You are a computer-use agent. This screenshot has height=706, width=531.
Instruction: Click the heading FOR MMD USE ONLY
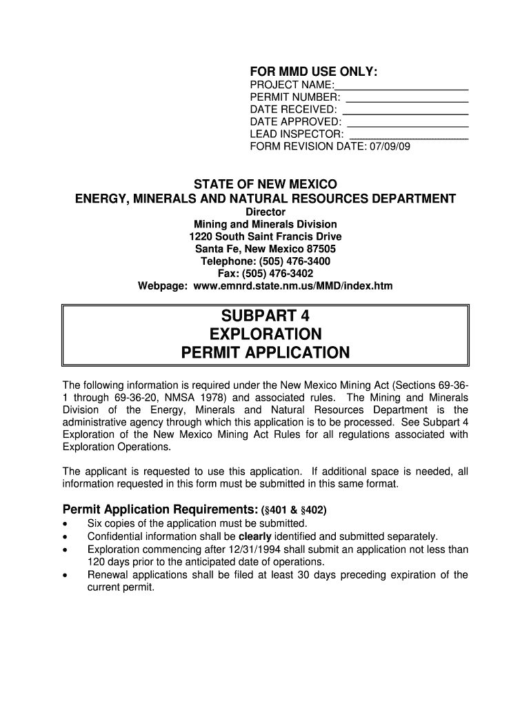313,72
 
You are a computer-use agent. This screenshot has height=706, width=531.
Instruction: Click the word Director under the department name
265,212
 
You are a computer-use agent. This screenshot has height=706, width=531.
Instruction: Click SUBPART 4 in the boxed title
265,316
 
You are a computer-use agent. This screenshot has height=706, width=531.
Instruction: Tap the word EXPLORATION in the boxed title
265,334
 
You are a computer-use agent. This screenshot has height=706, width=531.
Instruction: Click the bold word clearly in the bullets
255,536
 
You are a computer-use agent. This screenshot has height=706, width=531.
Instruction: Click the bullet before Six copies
66,524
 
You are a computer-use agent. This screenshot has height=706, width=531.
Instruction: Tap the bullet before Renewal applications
66,576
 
